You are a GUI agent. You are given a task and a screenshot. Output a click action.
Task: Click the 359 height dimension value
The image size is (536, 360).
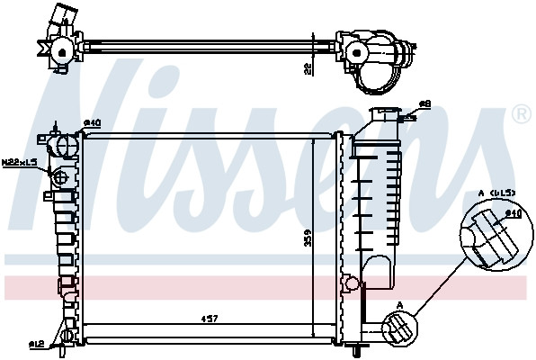pyautogui.click(x=308, y=238)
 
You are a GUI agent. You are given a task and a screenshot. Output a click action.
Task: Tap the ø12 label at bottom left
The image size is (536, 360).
pyautogui.click(x=36, y=344)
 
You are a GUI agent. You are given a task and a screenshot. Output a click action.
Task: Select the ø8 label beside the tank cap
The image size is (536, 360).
pyautogui.click(x=424, y=105)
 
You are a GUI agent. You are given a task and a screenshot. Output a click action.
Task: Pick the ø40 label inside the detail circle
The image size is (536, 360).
pyautogui.click(x=514, y=213)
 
